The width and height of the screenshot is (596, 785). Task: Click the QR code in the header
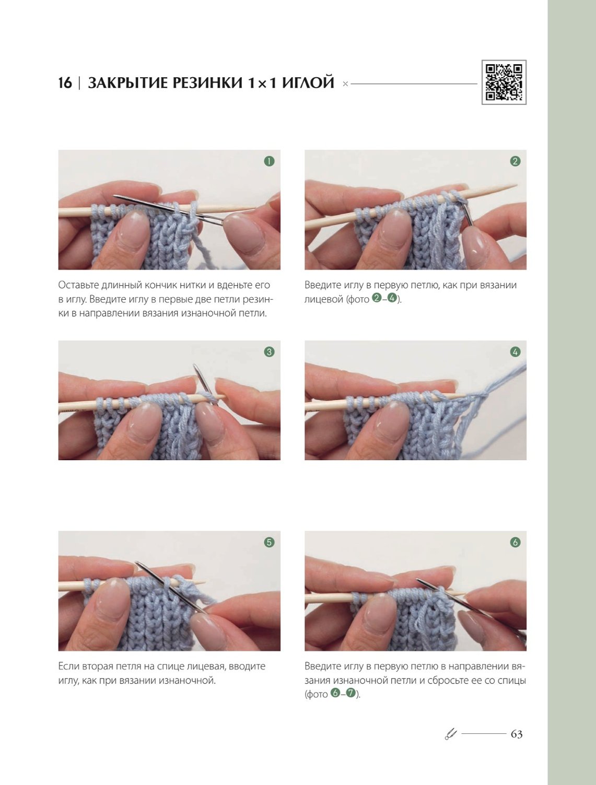coord(504,82)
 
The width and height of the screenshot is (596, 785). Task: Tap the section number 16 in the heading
coord(65,83)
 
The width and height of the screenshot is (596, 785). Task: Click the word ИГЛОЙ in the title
coord(308,83)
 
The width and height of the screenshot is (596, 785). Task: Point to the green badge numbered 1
coord(269,161)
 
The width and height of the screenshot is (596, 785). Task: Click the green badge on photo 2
coord(515,161)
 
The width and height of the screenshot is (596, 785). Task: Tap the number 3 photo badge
coord(269,352)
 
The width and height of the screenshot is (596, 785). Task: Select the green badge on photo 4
coord(515,352)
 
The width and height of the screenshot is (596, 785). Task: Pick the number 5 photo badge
coord(269,542)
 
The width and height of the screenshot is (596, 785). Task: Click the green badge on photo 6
coord(515,542)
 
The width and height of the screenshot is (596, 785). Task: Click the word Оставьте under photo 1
coord(79,285)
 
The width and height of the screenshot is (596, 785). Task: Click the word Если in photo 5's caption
coord(69,666)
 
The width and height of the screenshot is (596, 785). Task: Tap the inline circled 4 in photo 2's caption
coord(392,298)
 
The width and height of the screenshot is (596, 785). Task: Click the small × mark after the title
coord(345,84)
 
